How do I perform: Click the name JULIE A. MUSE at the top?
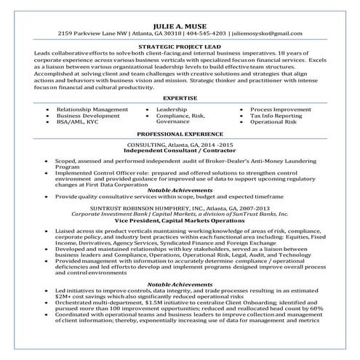pos(180,23)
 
